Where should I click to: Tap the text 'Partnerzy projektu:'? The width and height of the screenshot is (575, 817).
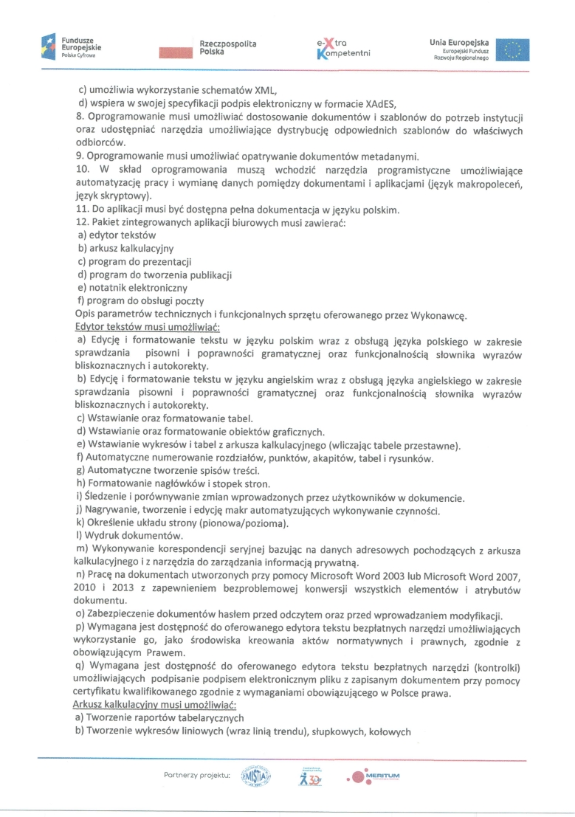click(197, 775)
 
